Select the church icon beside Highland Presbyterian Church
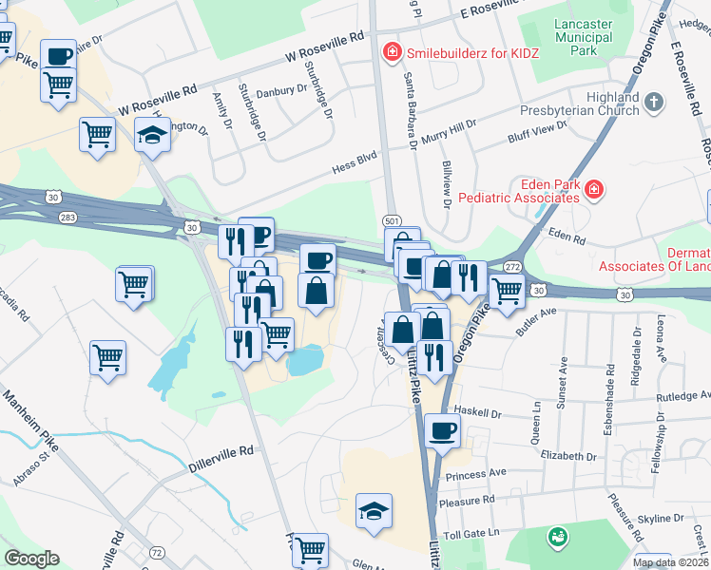point(653,101)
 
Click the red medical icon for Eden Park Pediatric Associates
point(594,190)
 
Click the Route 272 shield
point(512,267)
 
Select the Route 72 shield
point(157,552)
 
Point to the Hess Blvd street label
point(348,167)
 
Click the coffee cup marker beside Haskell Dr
point(442,432)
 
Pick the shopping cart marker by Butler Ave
point(507,292)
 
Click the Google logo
point(31,559)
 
